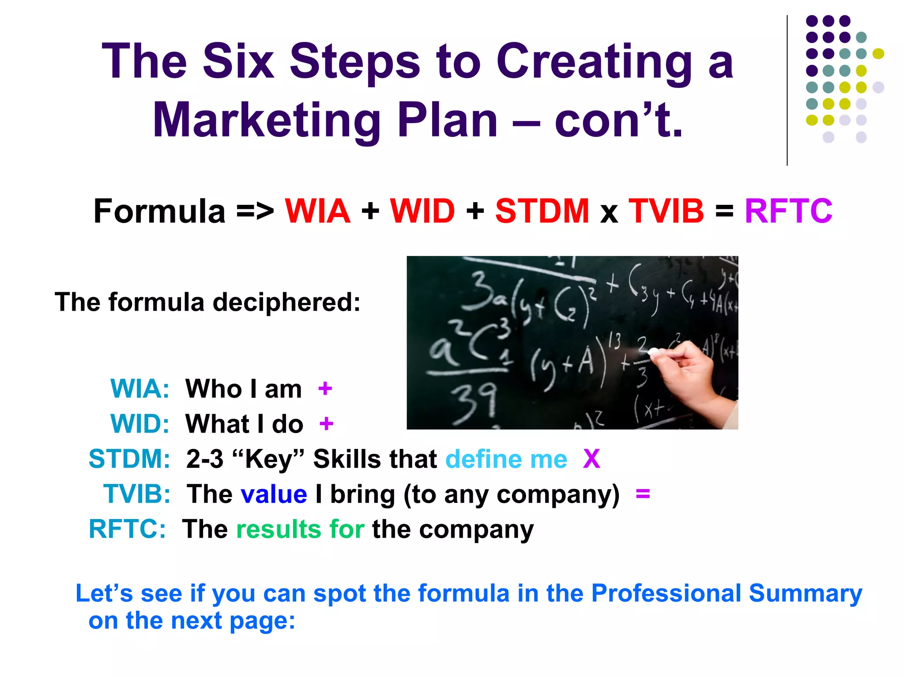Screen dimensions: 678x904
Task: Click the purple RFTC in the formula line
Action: (788, 211)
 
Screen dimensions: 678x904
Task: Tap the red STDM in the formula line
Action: (542, 211)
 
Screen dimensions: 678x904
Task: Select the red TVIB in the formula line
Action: (666, 211)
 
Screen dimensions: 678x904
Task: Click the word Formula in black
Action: (160, 211)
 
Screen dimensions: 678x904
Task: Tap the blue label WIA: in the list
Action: (139, 389)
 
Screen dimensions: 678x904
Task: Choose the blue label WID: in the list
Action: (139, 424)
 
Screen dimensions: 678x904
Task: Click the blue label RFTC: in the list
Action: (127, 528)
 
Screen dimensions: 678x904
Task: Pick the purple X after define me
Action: (591, 459)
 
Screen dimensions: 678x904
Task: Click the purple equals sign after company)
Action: (643, 493)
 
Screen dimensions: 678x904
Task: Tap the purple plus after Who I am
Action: (325, 389)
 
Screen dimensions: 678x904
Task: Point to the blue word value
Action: (274, 494)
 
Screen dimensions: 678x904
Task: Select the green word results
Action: (279, 529)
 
